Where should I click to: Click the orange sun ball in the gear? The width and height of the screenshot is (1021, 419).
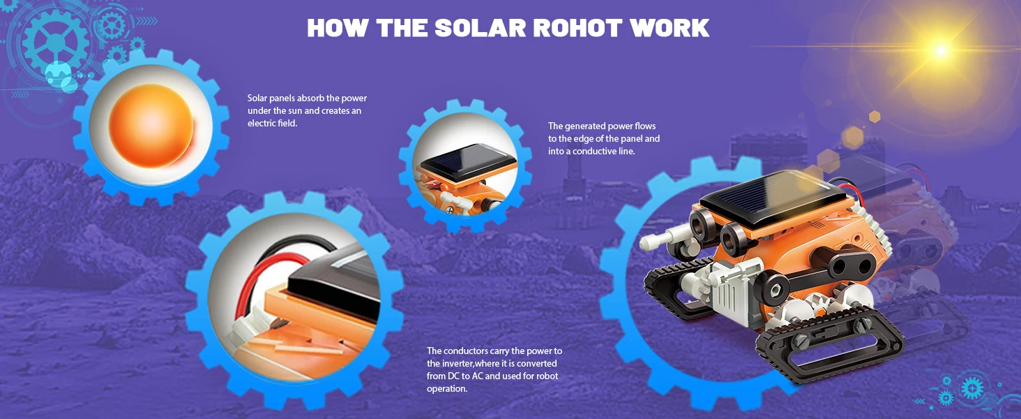tap(151, 126)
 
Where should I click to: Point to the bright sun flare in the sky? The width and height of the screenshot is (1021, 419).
tap(940, 50)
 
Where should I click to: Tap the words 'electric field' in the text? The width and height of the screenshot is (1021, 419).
tap(272, 123)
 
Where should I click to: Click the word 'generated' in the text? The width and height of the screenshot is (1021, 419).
tap(585, 126)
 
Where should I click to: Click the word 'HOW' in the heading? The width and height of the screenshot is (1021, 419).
tap(338, 28)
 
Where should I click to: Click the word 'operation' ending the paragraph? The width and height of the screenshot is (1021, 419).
tap(446, 390)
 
